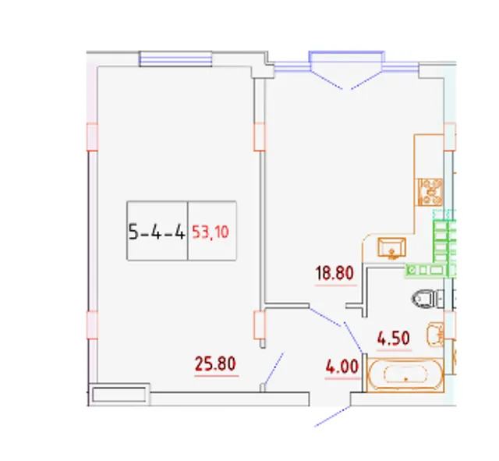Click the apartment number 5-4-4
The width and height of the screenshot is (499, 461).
click(x=157, y=232)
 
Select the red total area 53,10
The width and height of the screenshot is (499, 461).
click(x=211, y=232)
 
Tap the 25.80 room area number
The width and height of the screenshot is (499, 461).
click(x=215, y=363)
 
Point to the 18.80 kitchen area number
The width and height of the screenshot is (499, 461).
click(x=334, y=273)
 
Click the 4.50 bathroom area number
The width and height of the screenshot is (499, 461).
click(x=393, y=339)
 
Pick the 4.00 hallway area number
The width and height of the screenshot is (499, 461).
click(x=342, y=366)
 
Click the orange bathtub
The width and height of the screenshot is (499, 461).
click(x=405, y=374)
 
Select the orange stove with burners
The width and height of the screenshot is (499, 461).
click(x=430, y=192)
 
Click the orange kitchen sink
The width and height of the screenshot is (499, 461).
click(x=391, y=248)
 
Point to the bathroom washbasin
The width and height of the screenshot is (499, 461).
click(x=435, y=335)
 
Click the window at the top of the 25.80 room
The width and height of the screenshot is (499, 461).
click(x=175, y=59)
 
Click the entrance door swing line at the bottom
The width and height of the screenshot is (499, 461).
click(x=332, y=416)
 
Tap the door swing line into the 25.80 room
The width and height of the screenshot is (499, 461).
click(x=274, y=369)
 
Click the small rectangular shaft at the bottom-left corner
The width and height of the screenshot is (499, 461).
click(x=119, y=395)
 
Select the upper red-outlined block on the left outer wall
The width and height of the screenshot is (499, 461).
click(x=92, y=137)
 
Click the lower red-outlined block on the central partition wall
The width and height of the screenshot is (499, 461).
click(x=260, y=325)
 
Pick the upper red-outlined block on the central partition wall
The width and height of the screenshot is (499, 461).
click(x=260, y=137)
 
